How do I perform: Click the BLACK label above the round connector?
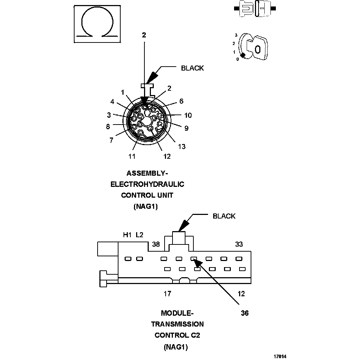pos(192,68)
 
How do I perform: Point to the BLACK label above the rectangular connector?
pos(224,216)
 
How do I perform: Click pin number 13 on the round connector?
pos(181,146)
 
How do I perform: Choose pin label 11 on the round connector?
pos(132,156)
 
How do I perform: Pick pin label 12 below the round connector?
pos(167,156)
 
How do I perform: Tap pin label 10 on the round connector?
pos(188,115)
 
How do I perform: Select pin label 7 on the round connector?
pos(111,140)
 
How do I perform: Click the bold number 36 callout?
pos(245,313)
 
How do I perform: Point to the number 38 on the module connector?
pos(156,244)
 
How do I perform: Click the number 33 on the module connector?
pos(239,244)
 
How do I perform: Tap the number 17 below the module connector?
pos(167,294)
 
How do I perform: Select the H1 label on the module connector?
pos(127,235)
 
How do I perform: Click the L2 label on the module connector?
pos(139,235)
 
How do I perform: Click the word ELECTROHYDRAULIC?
pos(147,184)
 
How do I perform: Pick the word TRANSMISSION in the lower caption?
pos(177,324)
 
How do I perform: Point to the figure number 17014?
pos(280,356)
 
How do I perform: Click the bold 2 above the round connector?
pos(144,35)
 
